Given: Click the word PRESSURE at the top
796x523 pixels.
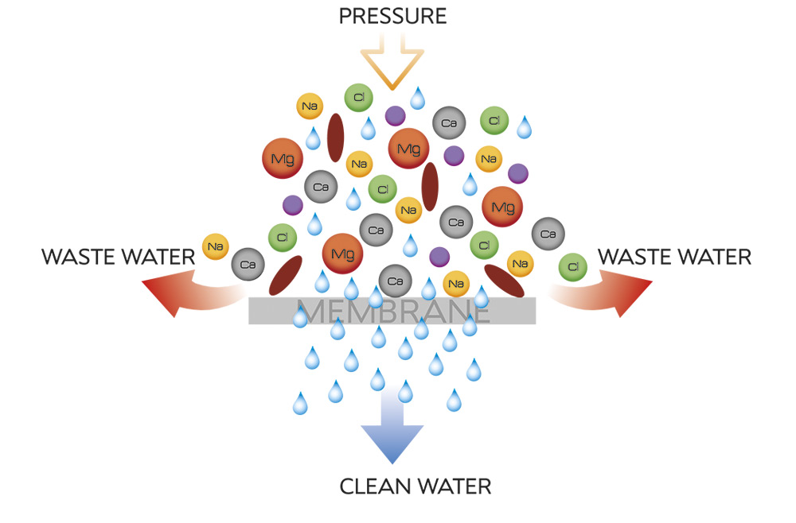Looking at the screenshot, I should point(392,15).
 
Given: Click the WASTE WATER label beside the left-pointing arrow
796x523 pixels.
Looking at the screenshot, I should point(118,257).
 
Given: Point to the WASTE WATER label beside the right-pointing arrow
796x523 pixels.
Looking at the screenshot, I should point(674,257).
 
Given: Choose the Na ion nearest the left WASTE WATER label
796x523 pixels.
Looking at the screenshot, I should point(215,246).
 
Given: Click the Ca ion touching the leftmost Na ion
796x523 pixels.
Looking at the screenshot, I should point(247,263).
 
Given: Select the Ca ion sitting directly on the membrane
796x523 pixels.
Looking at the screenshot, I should point(395,280).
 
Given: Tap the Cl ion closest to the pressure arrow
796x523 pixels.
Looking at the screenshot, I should point(358,98).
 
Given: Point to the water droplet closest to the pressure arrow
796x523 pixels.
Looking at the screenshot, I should point(417,99).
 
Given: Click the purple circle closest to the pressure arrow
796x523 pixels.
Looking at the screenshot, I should point(395,116).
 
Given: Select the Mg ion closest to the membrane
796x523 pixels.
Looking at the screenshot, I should point(342,254).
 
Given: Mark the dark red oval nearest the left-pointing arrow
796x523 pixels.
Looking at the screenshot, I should point(286,275).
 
